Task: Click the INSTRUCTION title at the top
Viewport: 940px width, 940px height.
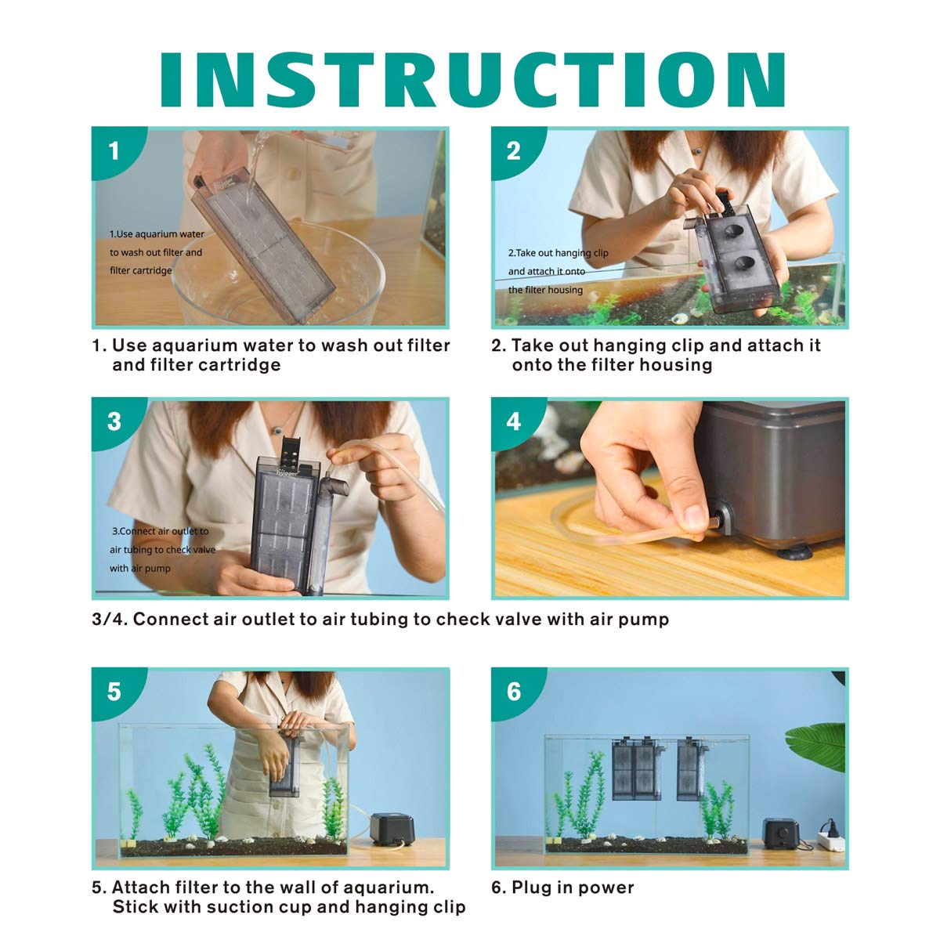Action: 472,80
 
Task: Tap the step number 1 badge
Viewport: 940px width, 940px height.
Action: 114,150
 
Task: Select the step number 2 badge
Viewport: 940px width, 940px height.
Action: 513,150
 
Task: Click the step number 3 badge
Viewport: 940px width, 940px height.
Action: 114,421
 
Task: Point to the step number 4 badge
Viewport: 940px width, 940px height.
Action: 513,421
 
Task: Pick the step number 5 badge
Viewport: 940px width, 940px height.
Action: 114,692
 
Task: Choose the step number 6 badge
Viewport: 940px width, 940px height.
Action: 513,692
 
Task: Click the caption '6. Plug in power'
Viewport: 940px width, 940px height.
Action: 562,888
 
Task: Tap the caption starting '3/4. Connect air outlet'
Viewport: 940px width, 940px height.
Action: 381,619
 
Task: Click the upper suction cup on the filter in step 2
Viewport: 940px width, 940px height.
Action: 737,231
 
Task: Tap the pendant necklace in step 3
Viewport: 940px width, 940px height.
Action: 277,431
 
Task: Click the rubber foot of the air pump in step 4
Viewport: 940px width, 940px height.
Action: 794,553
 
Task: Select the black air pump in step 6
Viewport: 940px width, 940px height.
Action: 780,833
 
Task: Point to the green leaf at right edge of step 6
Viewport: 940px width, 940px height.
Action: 817,747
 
